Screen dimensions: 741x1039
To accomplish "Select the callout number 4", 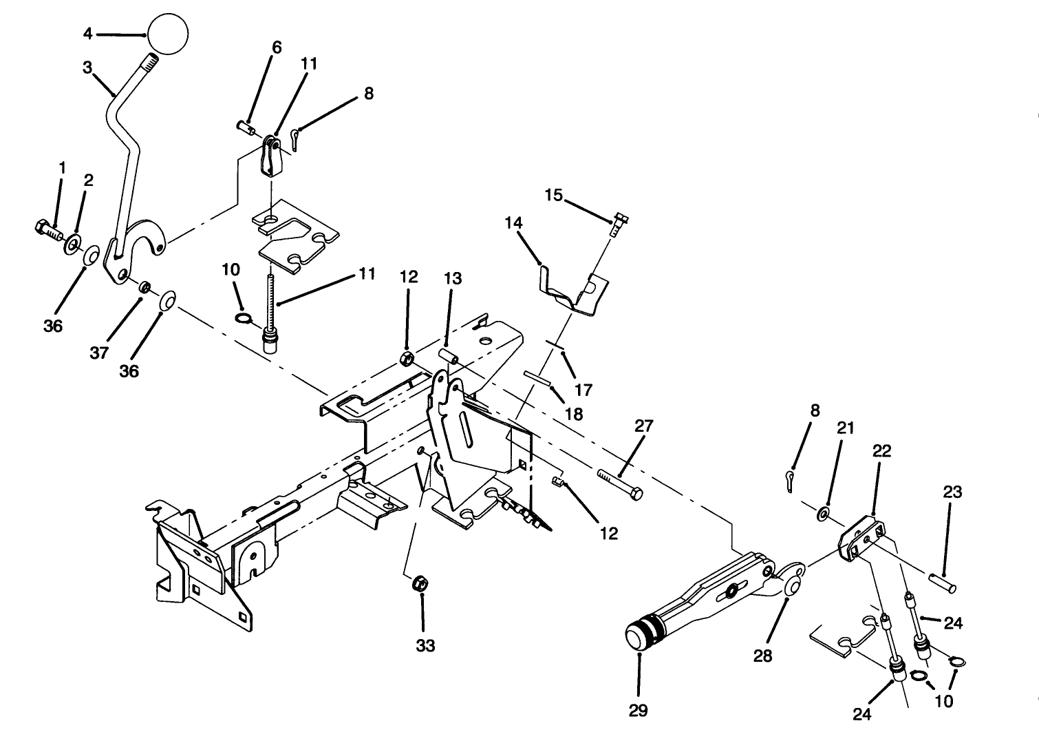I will [x=87, y=33].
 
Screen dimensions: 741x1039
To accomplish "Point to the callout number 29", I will [x=638, y=710].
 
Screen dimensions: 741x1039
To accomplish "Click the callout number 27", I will [x=643, y=426].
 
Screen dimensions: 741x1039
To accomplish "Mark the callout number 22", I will [x=881, y=451].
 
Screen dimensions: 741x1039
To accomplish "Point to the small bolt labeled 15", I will [x=618, y=223].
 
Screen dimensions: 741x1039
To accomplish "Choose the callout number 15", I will [x=554, y=195].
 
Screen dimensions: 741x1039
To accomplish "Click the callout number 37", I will [x=99, y=353].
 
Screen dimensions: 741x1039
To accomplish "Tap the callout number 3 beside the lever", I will [x=87, y=67].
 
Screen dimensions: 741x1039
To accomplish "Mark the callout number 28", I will [x=762, y=656].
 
